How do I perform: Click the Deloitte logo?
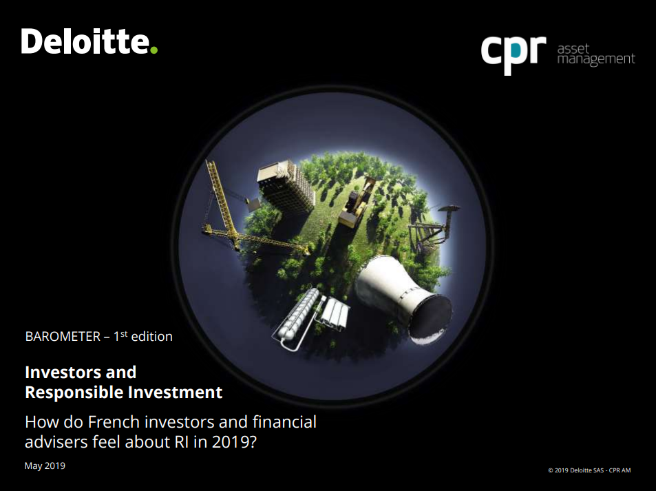point(89,41)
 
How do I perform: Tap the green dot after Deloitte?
point(154,50)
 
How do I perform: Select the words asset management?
point(595,54)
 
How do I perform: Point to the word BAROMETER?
point(63,337)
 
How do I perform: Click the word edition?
point(152,337)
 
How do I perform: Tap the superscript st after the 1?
point(124,333)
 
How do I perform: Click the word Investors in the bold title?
point(63,372)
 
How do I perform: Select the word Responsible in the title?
point(74,393)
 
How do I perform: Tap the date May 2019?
point(45,466)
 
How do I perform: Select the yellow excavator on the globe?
point(357,203)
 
